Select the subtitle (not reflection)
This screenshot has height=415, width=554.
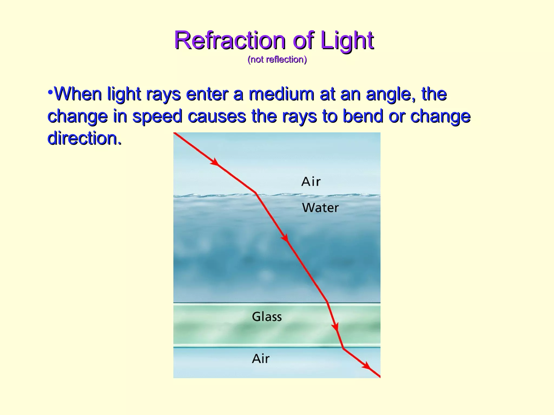277,59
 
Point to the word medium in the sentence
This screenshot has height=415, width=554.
281,94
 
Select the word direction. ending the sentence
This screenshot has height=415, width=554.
84,138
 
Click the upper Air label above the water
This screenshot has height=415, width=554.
311,182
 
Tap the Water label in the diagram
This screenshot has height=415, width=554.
320,208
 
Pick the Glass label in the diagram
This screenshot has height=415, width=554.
267,317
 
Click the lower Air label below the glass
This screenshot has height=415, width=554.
260,359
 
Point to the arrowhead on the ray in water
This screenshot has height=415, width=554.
285,238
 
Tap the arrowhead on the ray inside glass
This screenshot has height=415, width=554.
335,327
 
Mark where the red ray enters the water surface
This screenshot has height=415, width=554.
256,193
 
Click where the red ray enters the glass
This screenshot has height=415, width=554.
327,302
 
